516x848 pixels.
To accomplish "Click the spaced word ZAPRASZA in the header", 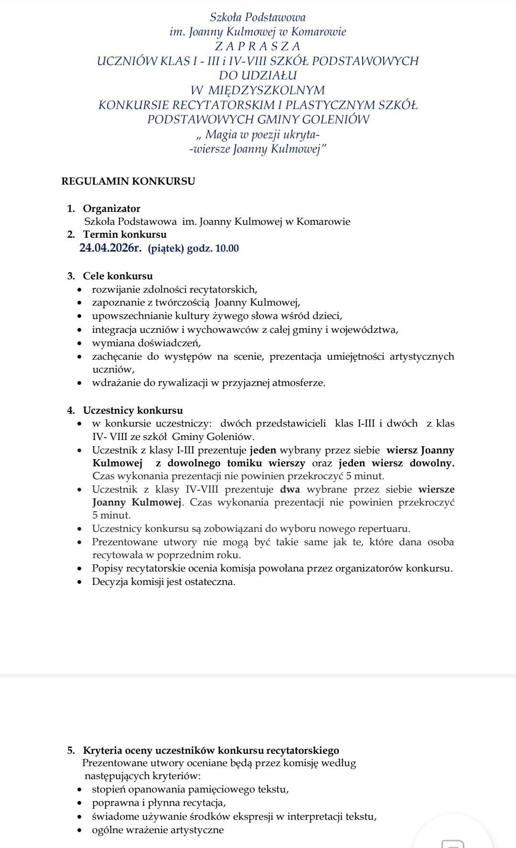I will pyautogui.click(x=258, y=46).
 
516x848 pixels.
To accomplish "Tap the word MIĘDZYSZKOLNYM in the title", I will pyautogui.click(x=267, y=90).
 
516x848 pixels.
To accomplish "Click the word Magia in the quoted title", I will pyautogui.click(x=221, y=134).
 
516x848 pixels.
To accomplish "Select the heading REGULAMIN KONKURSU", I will pyautogui.click(x=128, y=181).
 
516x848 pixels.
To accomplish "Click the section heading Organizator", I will pyautogui.click(x=111, y=209).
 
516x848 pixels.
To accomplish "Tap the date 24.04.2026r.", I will pyautogui.click(x=110, y=248).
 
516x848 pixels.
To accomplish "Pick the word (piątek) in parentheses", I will pyautogui.click(x=166, y=248).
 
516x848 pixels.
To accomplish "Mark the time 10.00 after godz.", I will pyautogui.click(x=227, y=248).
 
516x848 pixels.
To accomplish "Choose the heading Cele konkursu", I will pyautogui.click(x=118, y=276).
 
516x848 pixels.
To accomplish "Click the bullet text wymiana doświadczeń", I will pyautogui.click(x=146, y=343).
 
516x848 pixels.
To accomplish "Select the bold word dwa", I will pyautogui.click(x=290, y=489).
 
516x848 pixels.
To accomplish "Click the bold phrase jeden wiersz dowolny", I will pyautogui.click(x=396, y=463).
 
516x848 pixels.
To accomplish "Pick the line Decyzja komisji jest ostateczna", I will pyautogui.click(x=163, y=582).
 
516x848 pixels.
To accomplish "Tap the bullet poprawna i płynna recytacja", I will pyautogui.click(x=159, y=803).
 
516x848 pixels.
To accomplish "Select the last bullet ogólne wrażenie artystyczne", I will pyautogui.click(x=158, y=830).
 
